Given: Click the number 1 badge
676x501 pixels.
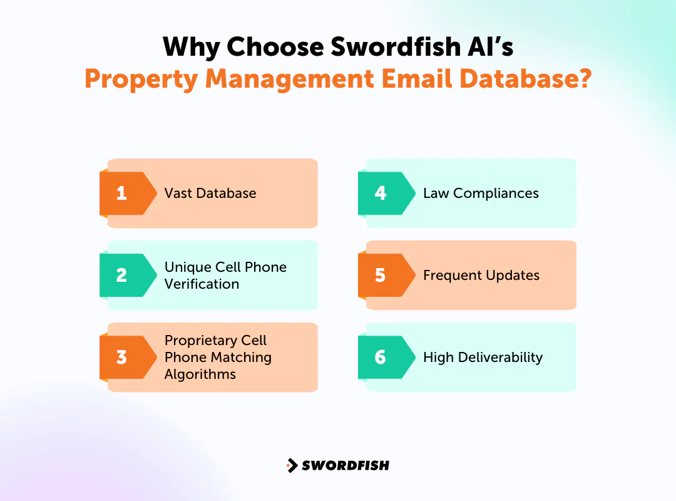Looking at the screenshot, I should pos(122,193).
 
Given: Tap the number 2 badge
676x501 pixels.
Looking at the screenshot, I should pos(122,275).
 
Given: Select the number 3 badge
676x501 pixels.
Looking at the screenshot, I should pos(122,357).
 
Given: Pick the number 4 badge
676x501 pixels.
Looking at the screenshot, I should pos(381,193).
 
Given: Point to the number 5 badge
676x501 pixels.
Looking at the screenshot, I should pos(381,275).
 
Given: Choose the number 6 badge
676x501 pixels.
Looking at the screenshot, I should pos(381,357).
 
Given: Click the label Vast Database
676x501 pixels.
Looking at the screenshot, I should pos(210,193).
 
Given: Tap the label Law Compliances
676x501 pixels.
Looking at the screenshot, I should pos(481,193).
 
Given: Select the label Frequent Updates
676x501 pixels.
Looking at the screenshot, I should pos(481,275).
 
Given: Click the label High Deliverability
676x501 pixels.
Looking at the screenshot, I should pos(483,357).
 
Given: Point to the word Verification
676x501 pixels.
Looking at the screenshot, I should pos(202,284).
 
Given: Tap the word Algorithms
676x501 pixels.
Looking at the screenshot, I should pos(200,374).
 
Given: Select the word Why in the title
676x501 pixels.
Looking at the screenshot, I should pos(190,47).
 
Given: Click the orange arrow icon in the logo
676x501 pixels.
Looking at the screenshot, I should pos(292,465).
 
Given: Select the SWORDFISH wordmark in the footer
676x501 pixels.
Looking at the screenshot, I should pos(345,465).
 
